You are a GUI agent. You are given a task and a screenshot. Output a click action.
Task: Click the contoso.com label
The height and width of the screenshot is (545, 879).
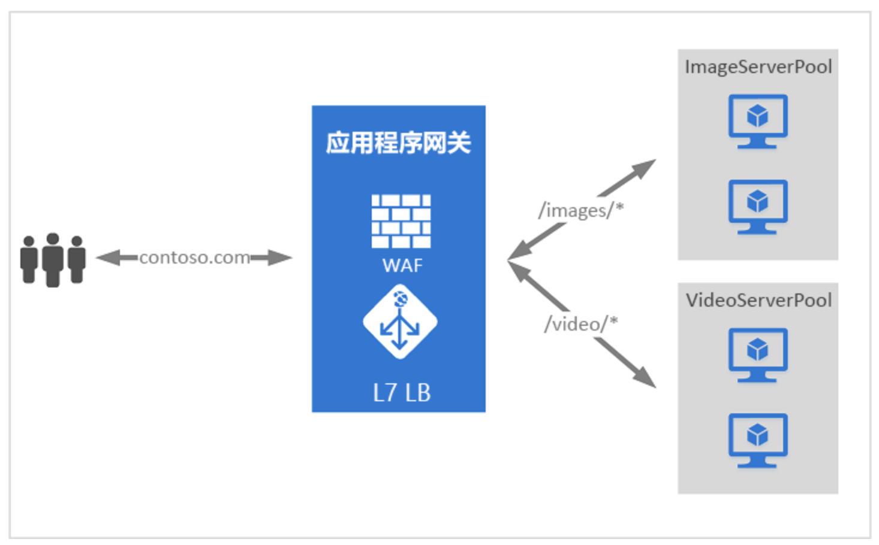pyautogui.click(x=195, y=258)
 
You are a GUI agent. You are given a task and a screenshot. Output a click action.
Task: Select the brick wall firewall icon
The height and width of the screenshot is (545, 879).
pyautogui.click(x=401, y=221)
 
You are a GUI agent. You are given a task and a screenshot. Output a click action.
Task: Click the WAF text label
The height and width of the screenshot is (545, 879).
pyautogui.click(x=402, y=265)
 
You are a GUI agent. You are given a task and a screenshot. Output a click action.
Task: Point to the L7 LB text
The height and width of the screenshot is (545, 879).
pyautogui.click(x=402, y=393)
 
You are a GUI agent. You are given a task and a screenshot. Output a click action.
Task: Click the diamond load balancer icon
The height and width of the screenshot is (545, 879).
pyautogui.click(x=400, y=322)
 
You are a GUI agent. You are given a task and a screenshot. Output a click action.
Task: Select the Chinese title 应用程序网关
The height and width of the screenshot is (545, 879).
pyautogui.click(x=398, y=143)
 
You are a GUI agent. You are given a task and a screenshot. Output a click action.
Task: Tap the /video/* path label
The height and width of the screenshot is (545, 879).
pyautogui.click(x=580, y=324)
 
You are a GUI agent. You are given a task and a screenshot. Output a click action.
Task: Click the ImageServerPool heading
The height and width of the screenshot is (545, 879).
pyautogui.click(x=758, y=66)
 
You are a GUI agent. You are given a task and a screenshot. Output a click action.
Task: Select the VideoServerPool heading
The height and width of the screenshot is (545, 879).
pyautogui.click(x=758, y=300)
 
